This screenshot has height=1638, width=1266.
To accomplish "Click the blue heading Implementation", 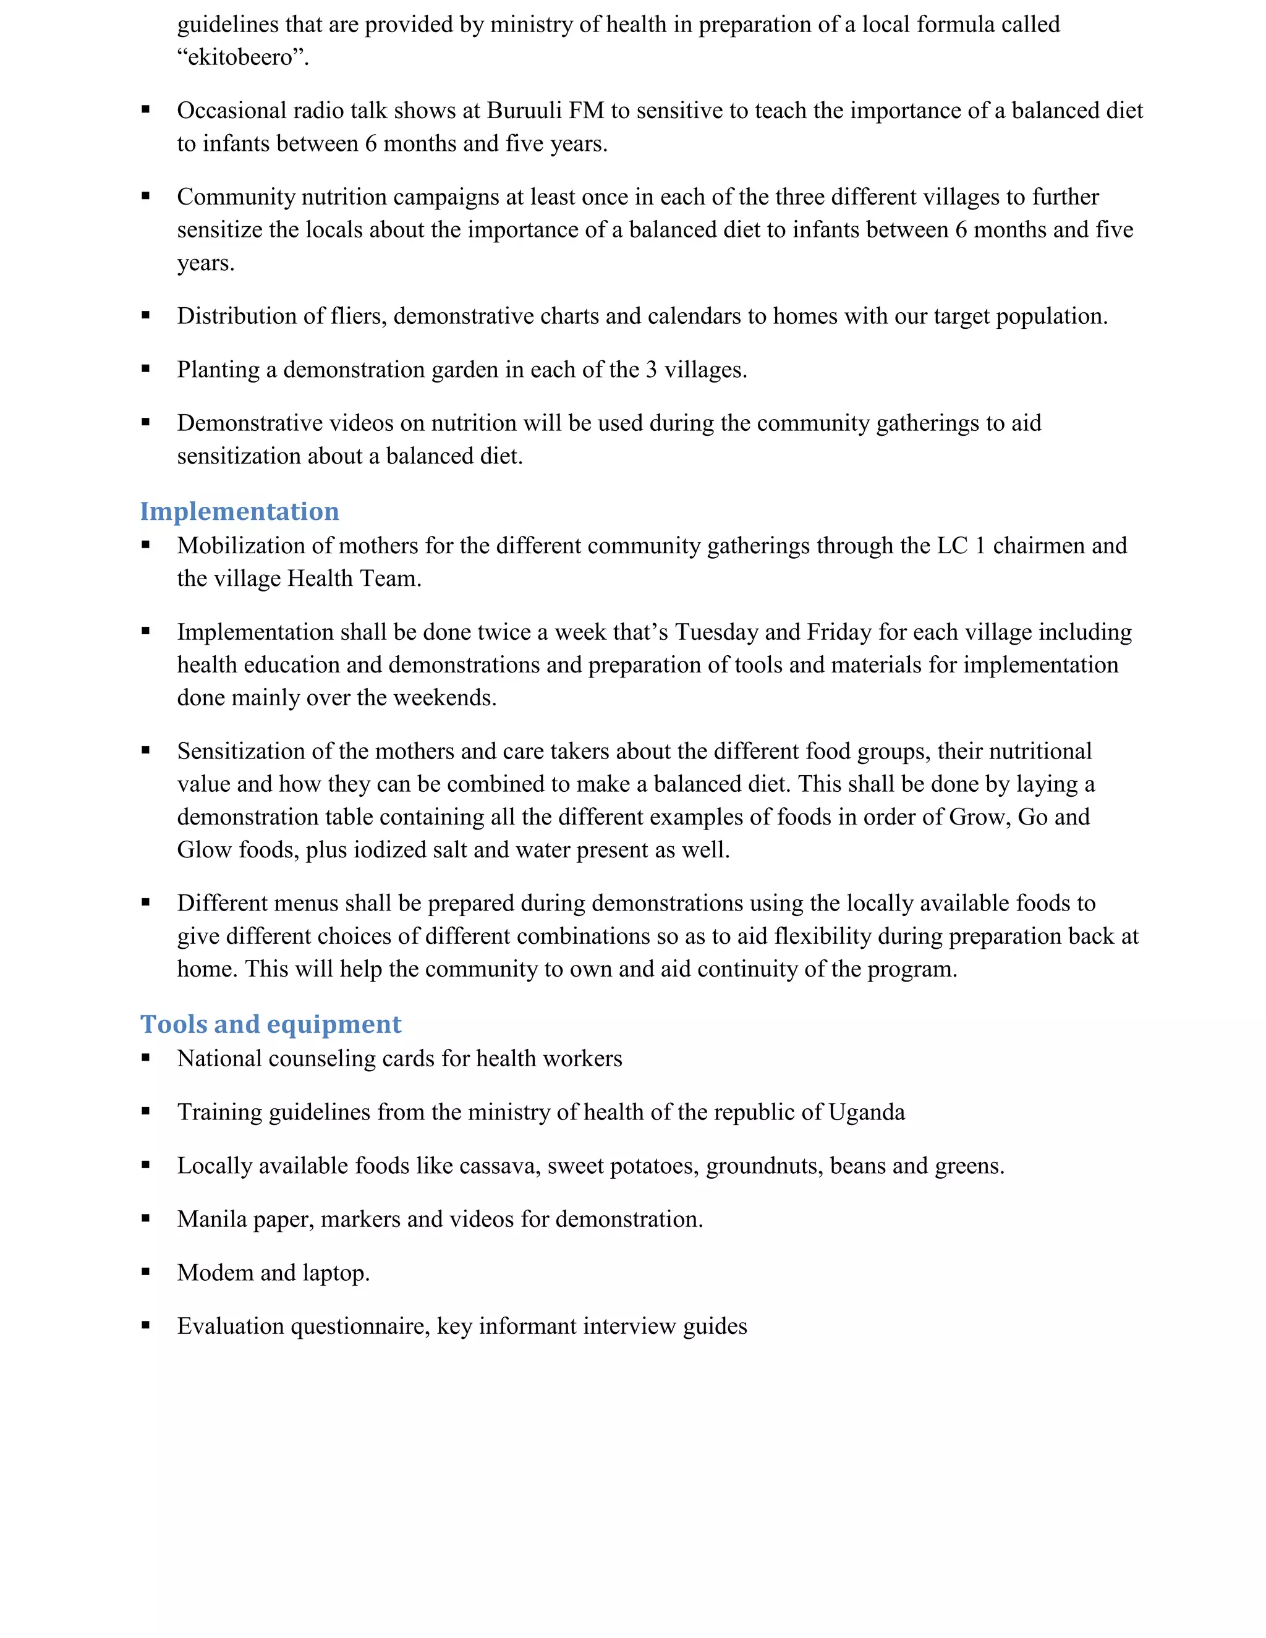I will (239, 512).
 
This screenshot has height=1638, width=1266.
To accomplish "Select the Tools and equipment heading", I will (271, 1024).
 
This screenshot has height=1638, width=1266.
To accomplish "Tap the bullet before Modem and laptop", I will (145, 1272).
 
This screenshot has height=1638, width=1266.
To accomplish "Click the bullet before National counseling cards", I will (145, 1058).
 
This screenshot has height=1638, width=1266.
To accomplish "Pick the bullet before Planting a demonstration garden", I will (145, 369).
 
